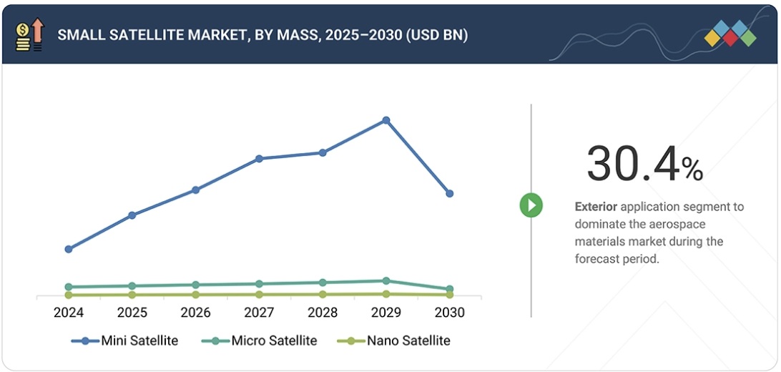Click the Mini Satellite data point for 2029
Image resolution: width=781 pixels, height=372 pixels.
pyautogui.click(x=386, y=120)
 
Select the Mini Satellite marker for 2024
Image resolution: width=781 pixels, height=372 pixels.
pyautogui.click(x=69, y=249)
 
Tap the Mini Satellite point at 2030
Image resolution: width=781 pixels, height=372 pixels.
pyautogui.click(x=449, y=193)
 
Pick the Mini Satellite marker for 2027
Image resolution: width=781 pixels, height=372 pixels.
pyautogui.click(x=259, y=158)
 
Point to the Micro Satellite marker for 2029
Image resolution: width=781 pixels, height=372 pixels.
pyautogui.click(x=386, y=281)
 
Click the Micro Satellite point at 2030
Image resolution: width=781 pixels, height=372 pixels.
pyautogui.click(x=449, y=290)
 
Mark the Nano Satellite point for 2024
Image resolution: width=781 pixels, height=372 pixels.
pyautogui.click(x=69, y=295)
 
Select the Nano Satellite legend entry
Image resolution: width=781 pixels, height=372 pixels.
pyautogui.click(x=394, y=341)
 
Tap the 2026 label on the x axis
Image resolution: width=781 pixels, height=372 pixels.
pyautogui.click(x=195, y=313)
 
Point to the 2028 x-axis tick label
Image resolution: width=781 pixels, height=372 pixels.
pyautogui.click(x=323, y=313)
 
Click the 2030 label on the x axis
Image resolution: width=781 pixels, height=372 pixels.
pyautogui.click(x=449, y=313)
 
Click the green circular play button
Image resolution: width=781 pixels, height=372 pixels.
pyautogui.click(x=531, y=206)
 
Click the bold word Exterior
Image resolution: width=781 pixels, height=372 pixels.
pyautogui.click(x=596, y=207)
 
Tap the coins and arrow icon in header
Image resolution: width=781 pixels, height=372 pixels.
pyautogui.click(x=29, y=35)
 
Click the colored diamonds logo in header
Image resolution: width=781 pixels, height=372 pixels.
pyautogui.click(x=730, y=34)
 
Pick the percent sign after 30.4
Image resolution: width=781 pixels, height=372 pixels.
pyautogui.click(x=692, y=169)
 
